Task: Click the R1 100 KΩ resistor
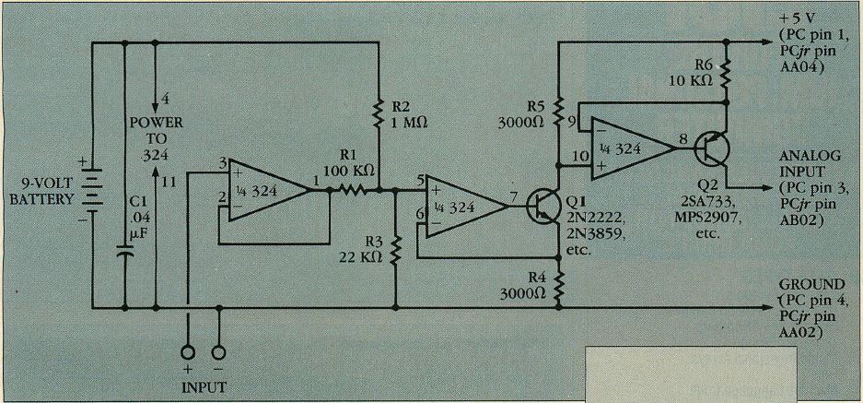(353, 191)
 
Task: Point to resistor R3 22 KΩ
(395, 248)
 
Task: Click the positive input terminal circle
(189, 353)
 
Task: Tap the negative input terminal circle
(219, 353)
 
